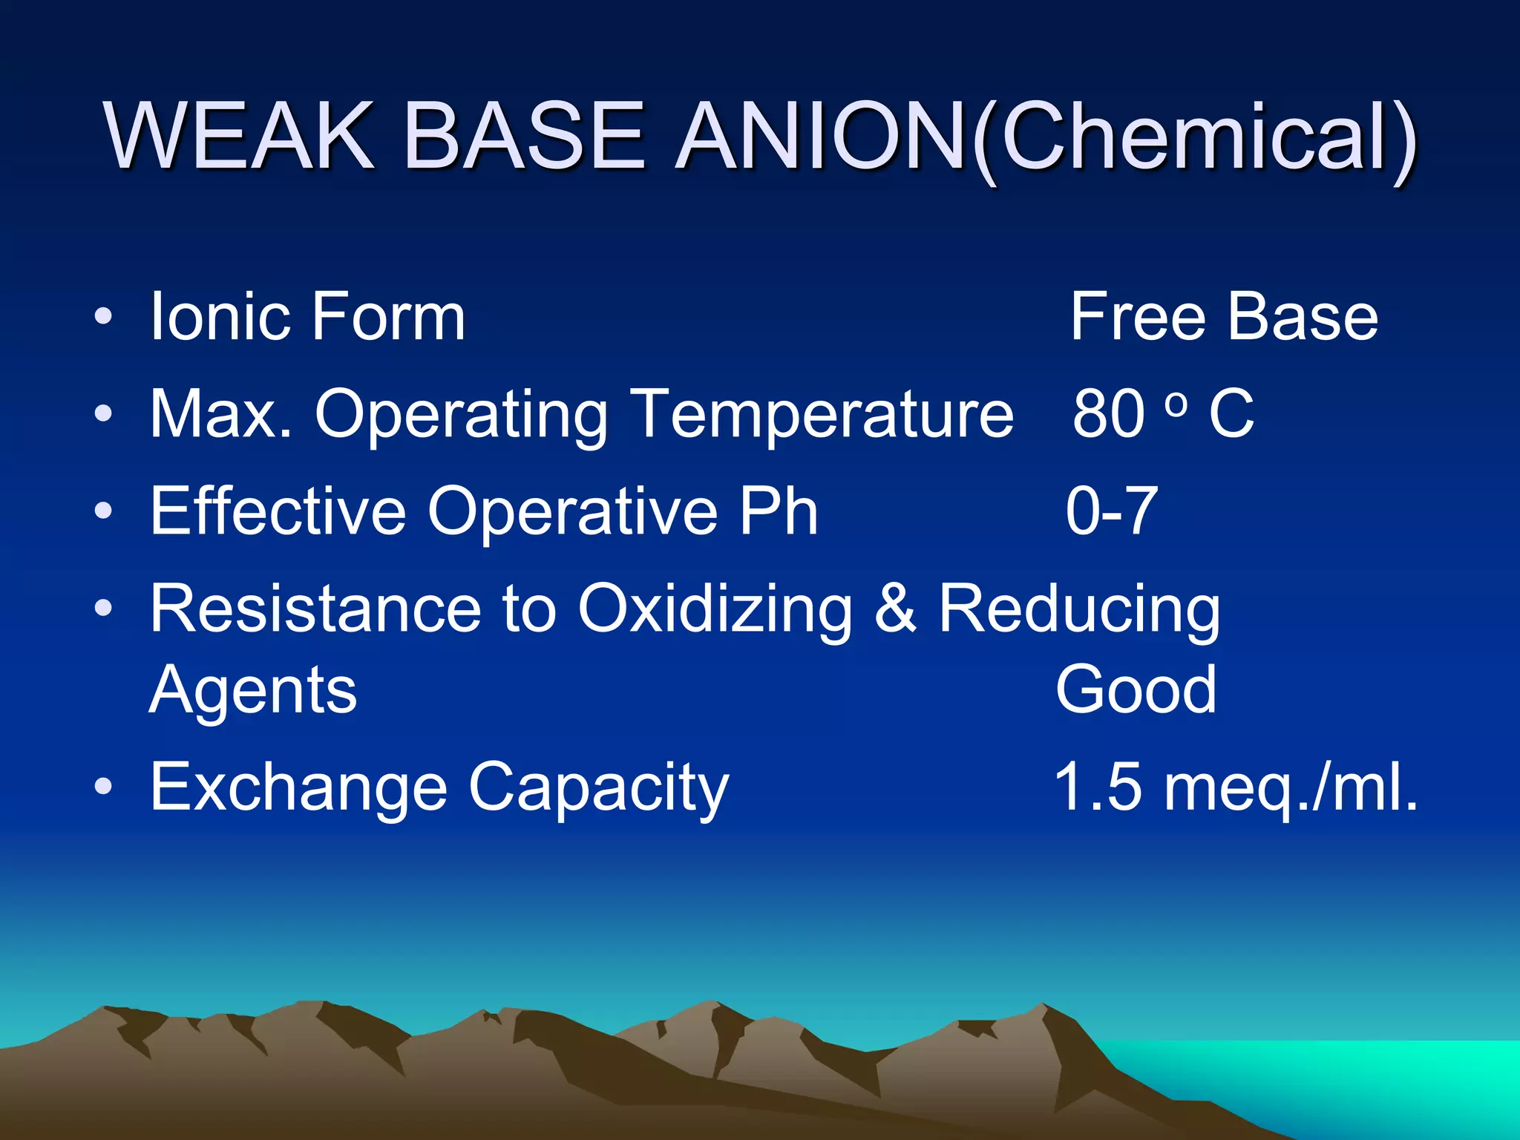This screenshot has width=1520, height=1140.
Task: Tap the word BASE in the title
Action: (x=524, y=137)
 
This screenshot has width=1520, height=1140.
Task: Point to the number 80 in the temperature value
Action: (x=1109, y=414)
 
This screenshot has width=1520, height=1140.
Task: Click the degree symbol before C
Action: (x=1176, y=403)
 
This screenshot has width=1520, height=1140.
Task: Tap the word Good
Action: (x=1136, y=689)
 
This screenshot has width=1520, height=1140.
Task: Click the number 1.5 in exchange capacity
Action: (x=1098, y=787)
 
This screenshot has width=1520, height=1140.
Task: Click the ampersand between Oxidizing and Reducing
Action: (x=895, y=609)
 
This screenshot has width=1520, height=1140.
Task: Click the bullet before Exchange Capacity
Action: (x=104, y=786)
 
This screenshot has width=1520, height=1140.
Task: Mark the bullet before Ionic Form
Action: (x=104, y=317)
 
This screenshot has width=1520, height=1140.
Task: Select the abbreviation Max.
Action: (x=220, y=414)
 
